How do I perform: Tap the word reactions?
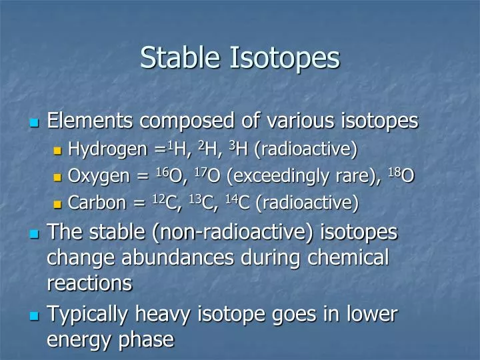89,284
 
